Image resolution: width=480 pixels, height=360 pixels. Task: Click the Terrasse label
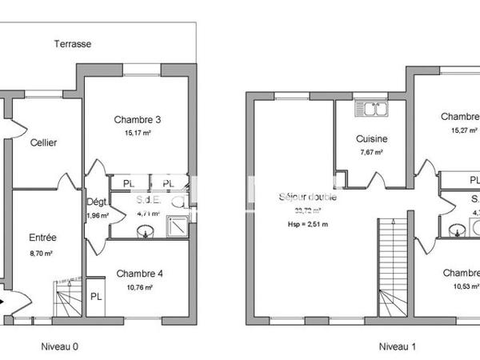click(x=73, y=44)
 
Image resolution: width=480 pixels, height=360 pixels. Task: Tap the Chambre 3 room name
click(x=137, y=120)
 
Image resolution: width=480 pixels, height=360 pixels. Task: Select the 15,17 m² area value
click(x=137, y=134)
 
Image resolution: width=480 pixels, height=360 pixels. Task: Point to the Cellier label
click(x=43, y=142)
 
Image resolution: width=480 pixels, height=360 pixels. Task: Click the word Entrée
click(x=43, y=238)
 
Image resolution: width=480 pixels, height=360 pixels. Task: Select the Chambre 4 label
click(x=138, y=274)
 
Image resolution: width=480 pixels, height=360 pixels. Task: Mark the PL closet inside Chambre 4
click(x=96, y=297)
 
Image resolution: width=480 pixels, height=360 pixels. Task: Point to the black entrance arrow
click(x=6, y=302)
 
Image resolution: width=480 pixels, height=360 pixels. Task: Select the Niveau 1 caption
click(x=398, y=346)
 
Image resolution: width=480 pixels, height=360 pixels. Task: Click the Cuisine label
click(x=372, y=138)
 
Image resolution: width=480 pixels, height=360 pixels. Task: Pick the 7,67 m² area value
click(x=372, y=152)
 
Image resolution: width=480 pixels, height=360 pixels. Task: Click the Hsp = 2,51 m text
click(x=308, y=225)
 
